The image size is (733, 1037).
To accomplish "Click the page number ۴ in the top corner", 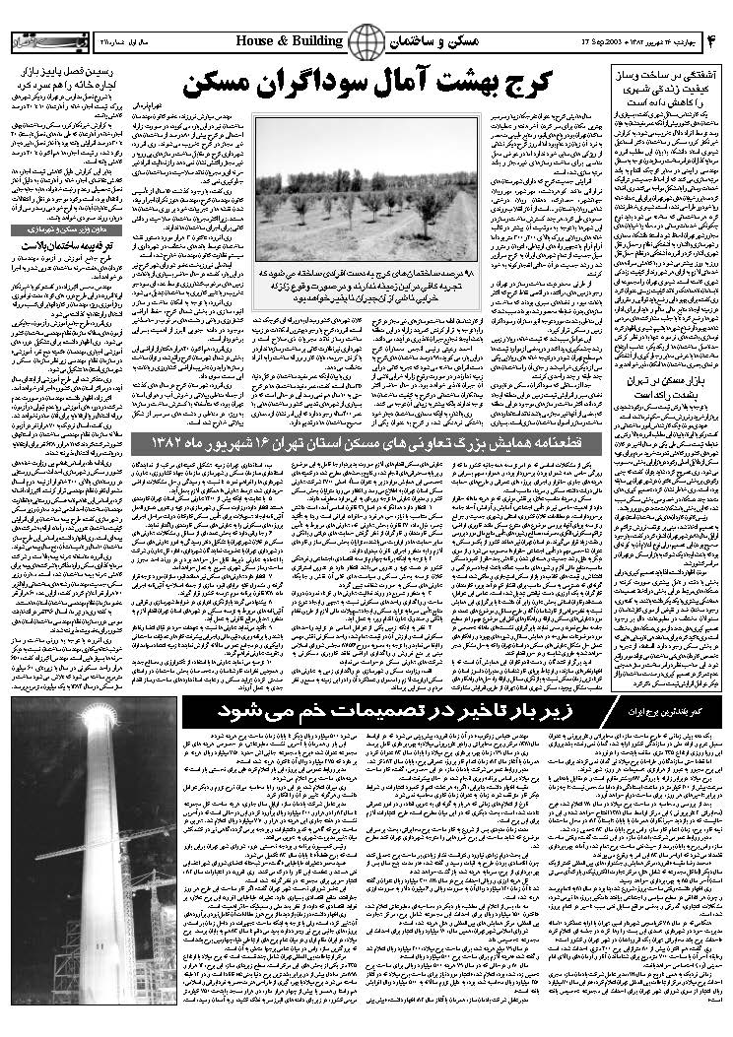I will (x=712, y=42).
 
